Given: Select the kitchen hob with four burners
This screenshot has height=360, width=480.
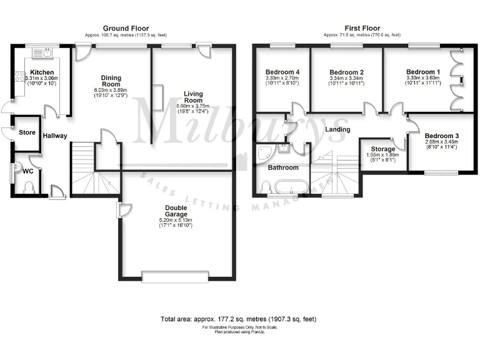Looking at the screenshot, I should point(19,77).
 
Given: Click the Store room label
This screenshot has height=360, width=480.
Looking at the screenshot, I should point(27,132).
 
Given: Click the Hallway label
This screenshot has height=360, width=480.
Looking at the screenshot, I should point(55,136).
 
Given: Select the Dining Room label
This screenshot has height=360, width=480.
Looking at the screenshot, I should point(111,81).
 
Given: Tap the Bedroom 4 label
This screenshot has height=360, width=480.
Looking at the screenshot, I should point(282,72).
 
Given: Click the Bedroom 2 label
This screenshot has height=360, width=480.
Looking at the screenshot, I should point(346,72).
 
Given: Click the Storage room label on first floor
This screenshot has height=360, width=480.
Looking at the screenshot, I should point(382,149).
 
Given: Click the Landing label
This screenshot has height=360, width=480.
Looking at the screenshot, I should point(337,129).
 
